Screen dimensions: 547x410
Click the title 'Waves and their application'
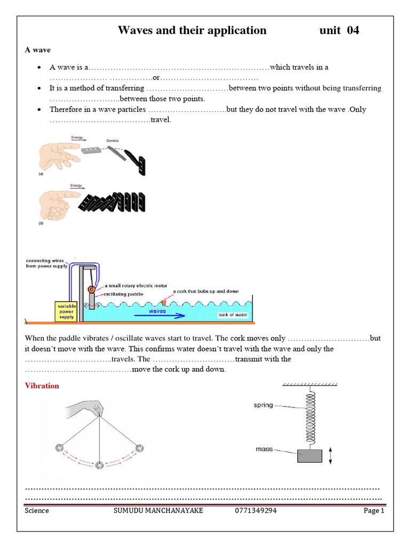point(192,30)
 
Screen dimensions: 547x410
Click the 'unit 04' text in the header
point(339,30)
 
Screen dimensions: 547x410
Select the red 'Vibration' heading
point(42,386)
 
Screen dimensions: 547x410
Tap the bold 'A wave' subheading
point(38,50)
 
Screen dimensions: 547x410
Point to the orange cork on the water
point(164,302)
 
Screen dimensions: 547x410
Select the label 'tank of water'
point(233,315)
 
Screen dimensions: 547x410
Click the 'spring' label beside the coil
point(263,405)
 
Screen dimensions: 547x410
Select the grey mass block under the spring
point(309,456)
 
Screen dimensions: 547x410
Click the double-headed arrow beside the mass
point(331,456)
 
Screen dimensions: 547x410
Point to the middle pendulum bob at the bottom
point(99,466)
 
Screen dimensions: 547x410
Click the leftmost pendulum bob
point(58,448)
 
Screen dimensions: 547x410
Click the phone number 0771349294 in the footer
point(256,511)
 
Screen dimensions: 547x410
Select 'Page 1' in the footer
point(374,511)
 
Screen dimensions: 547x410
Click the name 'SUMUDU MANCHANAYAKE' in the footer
point(159,511)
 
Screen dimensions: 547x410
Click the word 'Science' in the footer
point(37,511)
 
